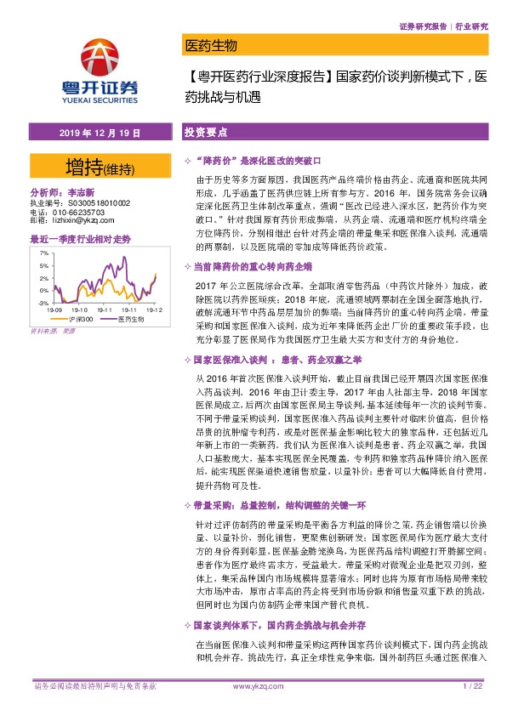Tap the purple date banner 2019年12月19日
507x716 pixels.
(94, 134)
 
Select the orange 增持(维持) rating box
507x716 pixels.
(94, 163)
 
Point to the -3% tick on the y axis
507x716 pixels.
(42, 302)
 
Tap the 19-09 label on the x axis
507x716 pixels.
(56, 310)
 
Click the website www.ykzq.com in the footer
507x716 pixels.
(253, 685)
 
